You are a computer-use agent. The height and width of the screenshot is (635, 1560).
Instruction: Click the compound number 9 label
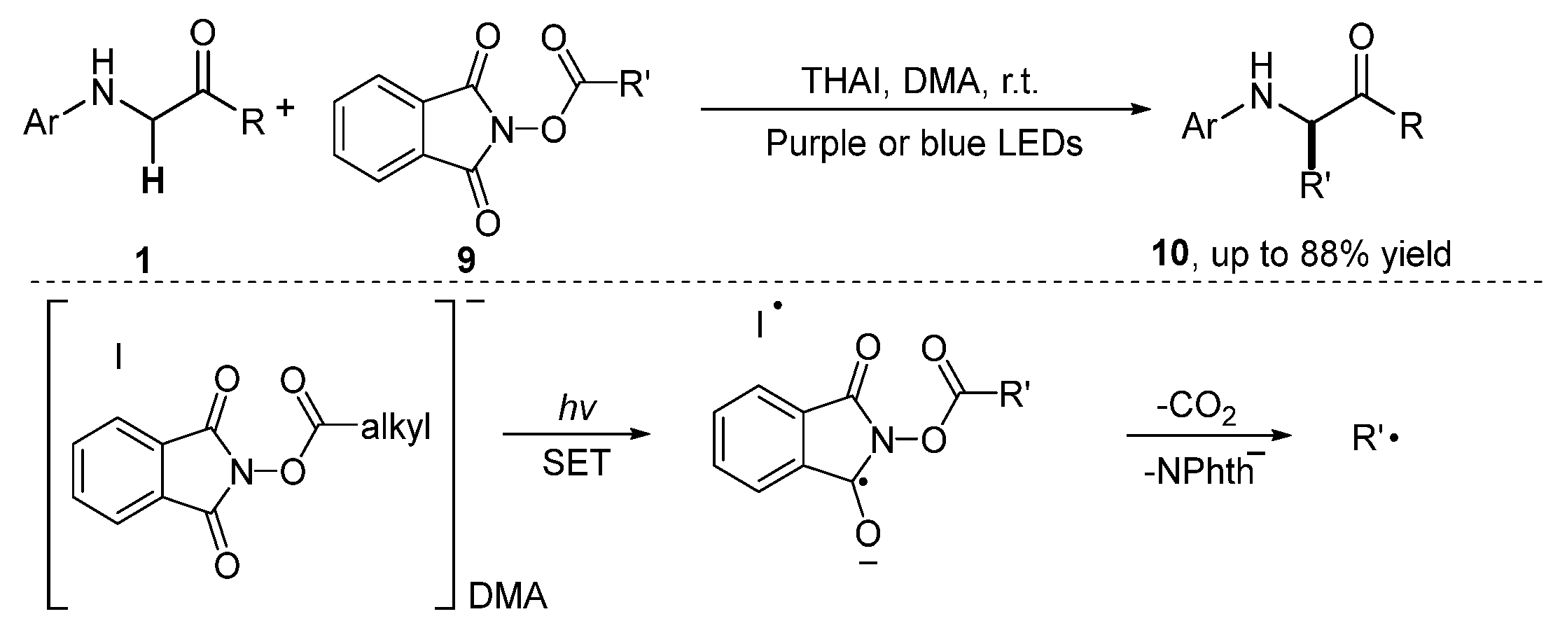click(x=466, y=260)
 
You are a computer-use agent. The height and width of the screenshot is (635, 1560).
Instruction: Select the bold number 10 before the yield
click(x=1171, y=256)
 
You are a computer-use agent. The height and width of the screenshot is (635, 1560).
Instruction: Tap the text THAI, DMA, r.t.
click(x=920, y=82)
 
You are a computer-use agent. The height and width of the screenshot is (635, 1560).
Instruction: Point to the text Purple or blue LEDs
click(x=924, y=144)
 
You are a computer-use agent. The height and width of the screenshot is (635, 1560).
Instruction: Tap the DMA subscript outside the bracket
click(x=508, y=598)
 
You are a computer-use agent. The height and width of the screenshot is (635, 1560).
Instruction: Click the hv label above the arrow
click(x=576, y=409)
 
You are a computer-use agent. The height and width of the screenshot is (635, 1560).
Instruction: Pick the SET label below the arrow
click(x=576, y=463)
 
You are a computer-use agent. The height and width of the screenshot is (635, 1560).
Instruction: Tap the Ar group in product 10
click(x=1202, y=127)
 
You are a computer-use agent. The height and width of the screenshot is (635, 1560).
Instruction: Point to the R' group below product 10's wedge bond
click(x=1314, y=188)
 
